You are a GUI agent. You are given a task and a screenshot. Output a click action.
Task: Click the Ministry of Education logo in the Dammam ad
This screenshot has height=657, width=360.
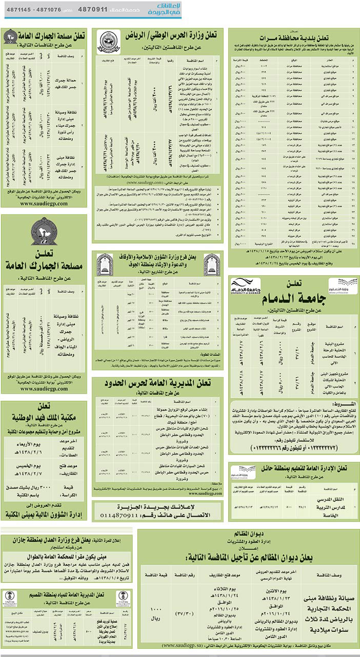(343, 285)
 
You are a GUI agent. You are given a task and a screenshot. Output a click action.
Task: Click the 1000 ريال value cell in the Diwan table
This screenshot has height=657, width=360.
(153, 609)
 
